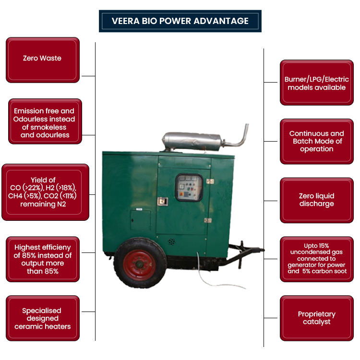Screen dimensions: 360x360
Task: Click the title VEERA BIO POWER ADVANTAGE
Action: point(180,21)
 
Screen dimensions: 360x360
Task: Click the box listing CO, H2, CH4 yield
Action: point(46,192)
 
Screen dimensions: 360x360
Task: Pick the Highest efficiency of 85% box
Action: point(42,259)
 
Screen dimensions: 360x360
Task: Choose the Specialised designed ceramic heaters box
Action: point(42,318)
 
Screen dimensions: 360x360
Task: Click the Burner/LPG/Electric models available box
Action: point(316,83)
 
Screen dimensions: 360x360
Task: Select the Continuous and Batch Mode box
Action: point(316,141)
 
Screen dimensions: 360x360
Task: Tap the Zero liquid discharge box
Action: point(316,200)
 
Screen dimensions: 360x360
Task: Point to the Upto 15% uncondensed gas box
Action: point(316,259)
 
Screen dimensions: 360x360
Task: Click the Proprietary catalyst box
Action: point(316,317)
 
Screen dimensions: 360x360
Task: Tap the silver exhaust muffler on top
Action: point(192,141)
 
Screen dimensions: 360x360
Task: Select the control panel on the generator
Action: point(189,188)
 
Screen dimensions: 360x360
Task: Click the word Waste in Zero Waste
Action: point(52,58)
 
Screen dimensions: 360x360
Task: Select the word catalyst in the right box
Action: point(316,322)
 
